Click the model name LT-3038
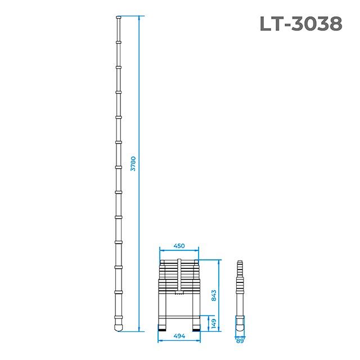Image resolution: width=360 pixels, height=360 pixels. (x=300, y=24)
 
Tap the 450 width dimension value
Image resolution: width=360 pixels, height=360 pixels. (x=179, y=246)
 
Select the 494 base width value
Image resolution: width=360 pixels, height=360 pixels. (x=179, y=336)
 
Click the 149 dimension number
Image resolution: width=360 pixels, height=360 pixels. (x=214, y=323)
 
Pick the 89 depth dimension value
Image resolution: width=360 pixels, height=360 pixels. (x=241, y=339)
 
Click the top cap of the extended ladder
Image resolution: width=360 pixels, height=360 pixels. (x=118, y=19)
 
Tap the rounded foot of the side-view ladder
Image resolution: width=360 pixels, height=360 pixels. (x=240, y=325)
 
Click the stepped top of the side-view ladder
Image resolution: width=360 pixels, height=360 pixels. (x=240, y=264)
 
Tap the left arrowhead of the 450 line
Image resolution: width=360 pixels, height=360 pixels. (x=161, y=250)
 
